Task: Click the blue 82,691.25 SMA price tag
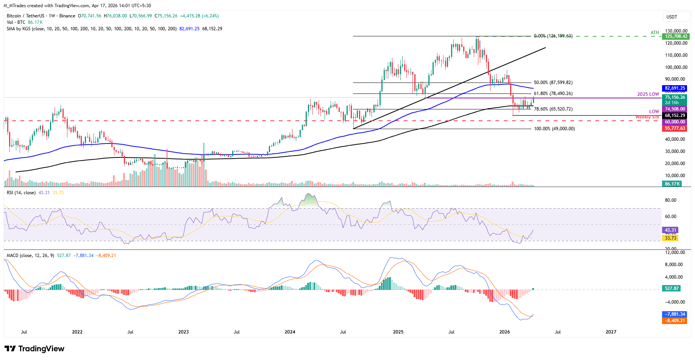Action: pyautogui.click(x=675, y=88)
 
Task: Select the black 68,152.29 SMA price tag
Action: pyautogui.click(x=675, y=115)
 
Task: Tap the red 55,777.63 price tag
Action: pyautogui.click(x=675, y=128)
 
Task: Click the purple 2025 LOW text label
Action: pyautogui.click(x=648, y=94)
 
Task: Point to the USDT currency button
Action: pyautogui.click(x=672, y=17)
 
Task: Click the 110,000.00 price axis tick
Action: pyautogui.click(x=676, y=55)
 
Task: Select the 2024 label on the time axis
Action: pyautogui.click(x=290, y=332)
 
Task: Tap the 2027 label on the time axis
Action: pyautogui.click(x=611, y=332)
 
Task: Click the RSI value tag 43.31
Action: pyautogui.click(x=670, y=230)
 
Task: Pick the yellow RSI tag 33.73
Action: pyautogui.click(x=670, y=238)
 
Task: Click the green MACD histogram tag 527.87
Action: pyautogui.click(x=672, y=288)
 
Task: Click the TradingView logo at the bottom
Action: pyautogui.click(x=35, y=349)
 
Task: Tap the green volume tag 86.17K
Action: pyautogui.click(x=672, y=184)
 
